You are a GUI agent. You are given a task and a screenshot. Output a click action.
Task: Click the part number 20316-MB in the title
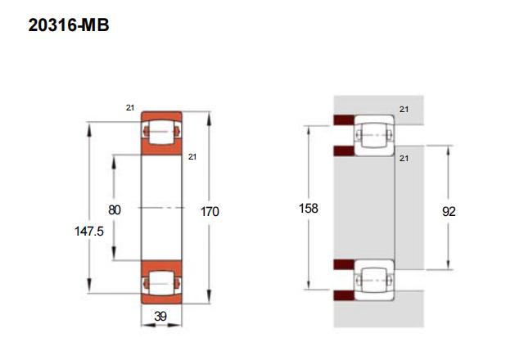click(x=69, y=25)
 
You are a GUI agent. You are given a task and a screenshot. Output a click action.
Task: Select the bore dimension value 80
click(x=115, y=210)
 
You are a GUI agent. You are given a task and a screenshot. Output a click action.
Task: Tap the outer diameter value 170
click(x=210, y=212)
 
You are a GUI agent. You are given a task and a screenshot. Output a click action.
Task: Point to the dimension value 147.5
click(x=89, y=231)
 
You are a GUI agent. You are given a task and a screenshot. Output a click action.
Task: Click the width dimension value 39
click(x=160, y=316)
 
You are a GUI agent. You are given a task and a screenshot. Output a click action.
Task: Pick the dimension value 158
click(x=309, y=209)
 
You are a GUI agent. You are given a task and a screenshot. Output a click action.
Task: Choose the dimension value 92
click(x=449, y=212)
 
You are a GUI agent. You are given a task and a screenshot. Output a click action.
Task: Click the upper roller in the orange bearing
click(x=162, y=132)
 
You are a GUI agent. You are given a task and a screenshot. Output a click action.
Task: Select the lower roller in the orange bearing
click(x=162, y=283)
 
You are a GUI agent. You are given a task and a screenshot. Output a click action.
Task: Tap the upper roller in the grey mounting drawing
click(x=374, y=135)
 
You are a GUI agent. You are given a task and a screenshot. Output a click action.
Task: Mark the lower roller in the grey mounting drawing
click(x=374, y=280)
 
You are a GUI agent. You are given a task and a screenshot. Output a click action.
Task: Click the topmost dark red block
click(x=344, y=120)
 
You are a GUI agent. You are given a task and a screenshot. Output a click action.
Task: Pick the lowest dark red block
click(x=344, y=295)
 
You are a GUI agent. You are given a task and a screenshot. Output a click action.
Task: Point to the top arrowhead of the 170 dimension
click(x=209, y=118)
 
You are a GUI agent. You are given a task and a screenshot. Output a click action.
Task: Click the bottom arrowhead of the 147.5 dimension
click(x=89, y=286)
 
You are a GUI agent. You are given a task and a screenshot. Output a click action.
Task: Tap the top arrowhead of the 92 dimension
click(x=449, y=152)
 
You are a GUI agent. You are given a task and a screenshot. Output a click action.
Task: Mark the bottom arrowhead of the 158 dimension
click(x=309, y=283)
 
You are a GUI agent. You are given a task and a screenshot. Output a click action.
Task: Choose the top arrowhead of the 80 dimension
click(x=114, y=162)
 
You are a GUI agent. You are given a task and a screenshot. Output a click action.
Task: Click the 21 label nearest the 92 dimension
click(x=404, y=158)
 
